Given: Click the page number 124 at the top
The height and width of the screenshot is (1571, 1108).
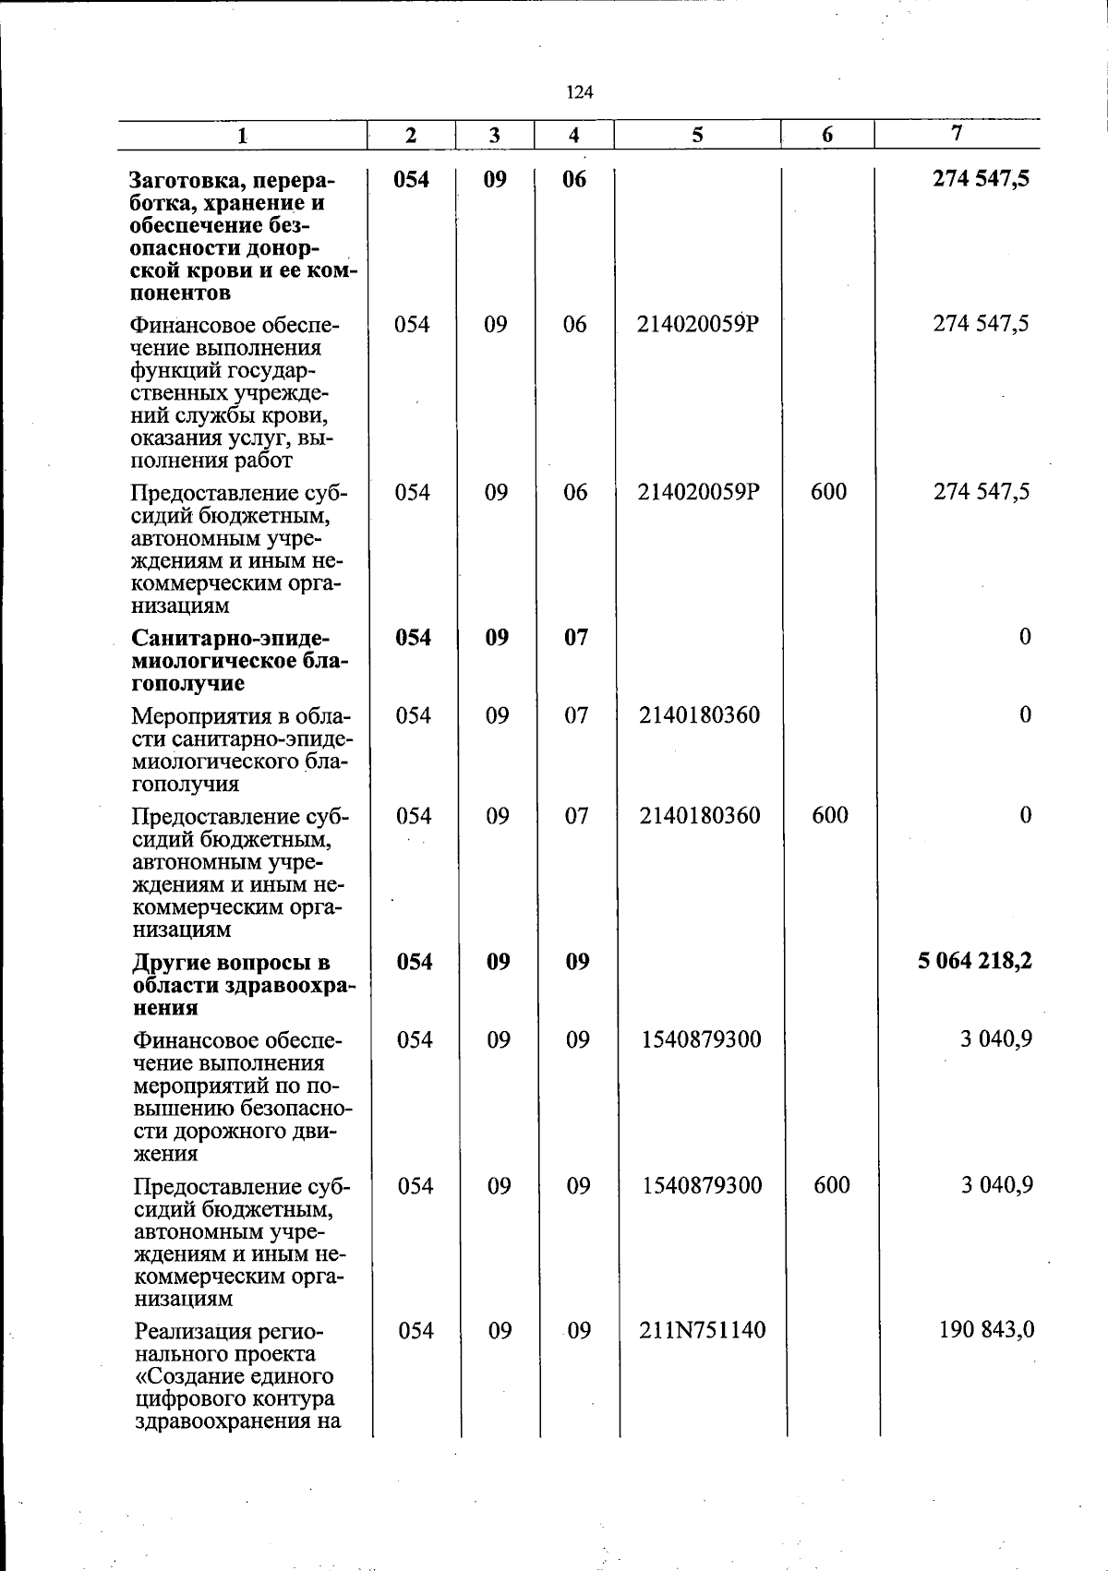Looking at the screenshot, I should [579, 92].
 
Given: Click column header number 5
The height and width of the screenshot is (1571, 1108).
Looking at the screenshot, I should [697, 135].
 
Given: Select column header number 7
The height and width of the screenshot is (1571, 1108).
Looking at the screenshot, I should [957, 133].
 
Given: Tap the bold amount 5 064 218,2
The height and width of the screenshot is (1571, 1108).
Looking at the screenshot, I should [974, 961].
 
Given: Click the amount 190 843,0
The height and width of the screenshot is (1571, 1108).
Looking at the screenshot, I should [986, 1330].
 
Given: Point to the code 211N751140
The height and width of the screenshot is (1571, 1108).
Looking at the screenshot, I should [702, 1330].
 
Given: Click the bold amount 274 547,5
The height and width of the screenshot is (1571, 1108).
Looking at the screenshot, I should [982, 178].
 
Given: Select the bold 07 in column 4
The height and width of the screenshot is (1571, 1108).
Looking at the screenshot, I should [576, 637].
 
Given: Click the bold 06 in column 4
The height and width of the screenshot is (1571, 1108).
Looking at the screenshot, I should [574, 178].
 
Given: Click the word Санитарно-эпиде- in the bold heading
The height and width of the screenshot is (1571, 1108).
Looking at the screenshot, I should [231, 639].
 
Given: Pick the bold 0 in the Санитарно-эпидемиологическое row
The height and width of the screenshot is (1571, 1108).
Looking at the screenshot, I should [1025, 637].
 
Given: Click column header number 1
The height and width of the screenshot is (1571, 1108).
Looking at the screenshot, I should [241, 136].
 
